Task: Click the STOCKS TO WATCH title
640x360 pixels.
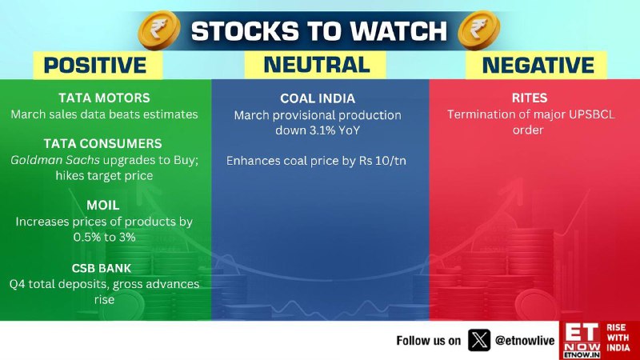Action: (x=318, y=31)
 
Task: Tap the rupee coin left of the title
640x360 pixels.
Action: (x=159, y=30)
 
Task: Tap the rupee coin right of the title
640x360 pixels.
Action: (x=478, y=30)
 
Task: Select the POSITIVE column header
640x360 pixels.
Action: (x=95, y=66)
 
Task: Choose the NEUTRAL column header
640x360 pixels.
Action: (x=317, y=65)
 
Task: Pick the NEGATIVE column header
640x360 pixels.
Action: (x=538, y=66)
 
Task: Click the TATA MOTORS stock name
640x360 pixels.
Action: (x=104, y=98)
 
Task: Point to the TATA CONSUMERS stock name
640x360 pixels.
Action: (x=103, y=144)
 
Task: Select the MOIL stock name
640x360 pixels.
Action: (x=103, y=205)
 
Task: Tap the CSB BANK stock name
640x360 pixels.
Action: (x=102, y=268)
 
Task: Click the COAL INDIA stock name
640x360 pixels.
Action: (x=318, y=98)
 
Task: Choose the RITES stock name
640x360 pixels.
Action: (x=530, y=98)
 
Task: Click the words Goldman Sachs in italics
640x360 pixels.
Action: (x=55, y=160)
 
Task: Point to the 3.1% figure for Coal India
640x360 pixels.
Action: (x=322, y=130)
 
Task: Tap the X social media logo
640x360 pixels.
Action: (x=478, y=340)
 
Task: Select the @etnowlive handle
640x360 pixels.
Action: (x=525, y=341)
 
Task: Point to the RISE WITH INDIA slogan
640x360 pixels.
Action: (x=618, y=338)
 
